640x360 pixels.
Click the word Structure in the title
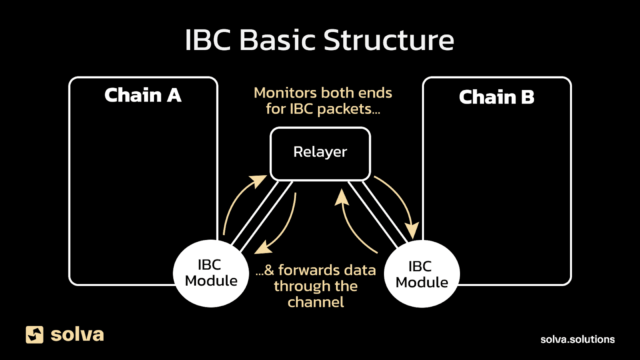point(388,40)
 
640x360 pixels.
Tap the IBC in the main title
point(208,40)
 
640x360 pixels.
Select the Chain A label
point(143,96)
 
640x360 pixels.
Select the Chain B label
point(496,97)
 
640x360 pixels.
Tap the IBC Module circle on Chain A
point(211,274)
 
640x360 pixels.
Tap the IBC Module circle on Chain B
point(422,274)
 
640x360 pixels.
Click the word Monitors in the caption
point(285,93)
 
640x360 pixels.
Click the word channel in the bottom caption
point(316,302)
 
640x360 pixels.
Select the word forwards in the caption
point(308,270)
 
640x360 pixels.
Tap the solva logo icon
point(34,334)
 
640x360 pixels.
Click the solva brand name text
point(77,334)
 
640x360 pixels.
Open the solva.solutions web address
point(577,339)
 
